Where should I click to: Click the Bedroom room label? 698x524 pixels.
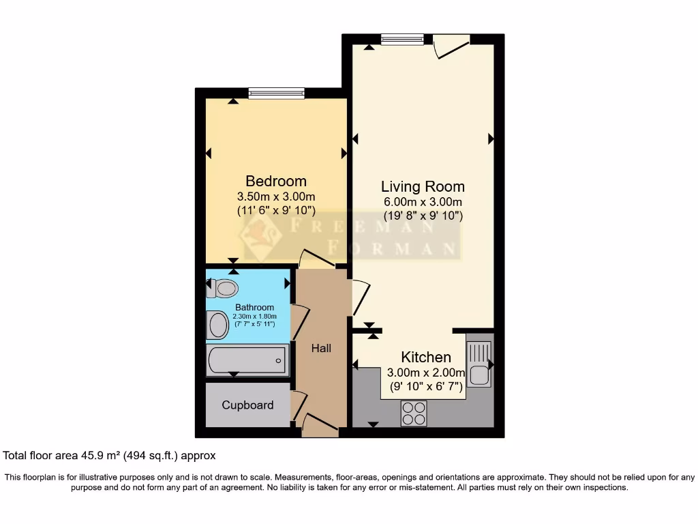click(276, 181)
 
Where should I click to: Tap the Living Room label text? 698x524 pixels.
click(423, 186)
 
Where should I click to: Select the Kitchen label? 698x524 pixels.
click(425, 357)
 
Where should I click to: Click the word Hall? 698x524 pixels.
click(321, 348)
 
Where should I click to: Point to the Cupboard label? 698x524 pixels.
click(247, 405)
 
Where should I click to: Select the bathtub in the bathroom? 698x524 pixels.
click(247, 360)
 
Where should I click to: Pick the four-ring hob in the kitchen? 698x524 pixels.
click(414, 413)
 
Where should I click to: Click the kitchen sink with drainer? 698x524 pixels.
click(479, 364)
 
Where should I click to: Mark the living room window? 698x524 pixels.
click(402, 40)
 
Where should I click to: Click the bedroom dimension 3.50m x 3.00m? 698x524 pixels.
click(276, 197)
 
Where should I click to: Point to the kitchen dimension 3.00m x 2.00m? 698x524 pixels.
click(425, 373)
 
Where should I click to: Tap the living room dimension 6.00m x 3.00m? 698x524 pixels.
click(423, 203)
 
